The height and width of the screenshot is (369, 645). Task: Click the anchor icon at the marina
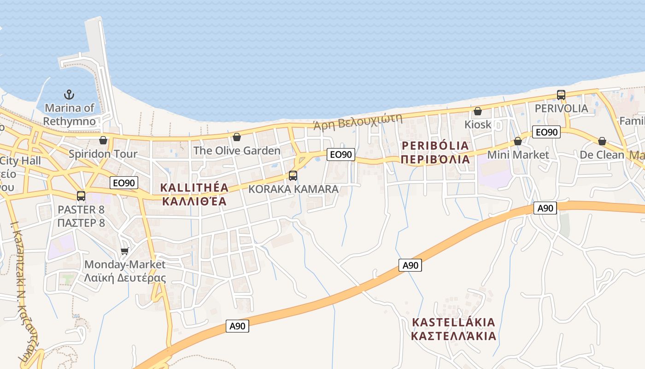pyautogui.click(x=69, y=95)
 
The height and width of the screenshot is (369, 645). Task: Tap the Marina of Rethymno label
pyautogui.click(x=70, y=115)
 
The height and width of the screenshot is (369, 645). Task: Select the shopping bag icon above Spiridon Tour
pyautogui.click(x=103, y=140)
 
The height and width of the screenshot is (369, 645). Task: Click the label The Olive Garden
pyautogui.click(x=237, y=150)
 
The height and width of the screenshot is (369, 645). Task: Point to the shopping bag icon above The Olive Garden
pyautogui.click(x=237, y=137)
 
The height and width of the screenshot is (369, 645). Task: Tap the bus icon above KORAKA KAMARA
pyautogui.click(x=293, y=176)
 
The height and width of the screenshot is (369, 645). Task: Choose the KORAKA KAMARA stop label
pyautogui.click(x=293, y=189)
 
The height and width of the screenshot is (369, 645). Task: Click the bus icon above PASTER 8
pyautogui.click(x=81, y=196)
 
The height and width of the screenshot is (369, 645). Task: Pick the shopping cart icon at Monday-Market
pyautogui.click(x=124, y=251)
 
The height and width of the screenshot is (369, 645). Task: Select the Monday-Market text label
pyautogui.click(x=125, y=265)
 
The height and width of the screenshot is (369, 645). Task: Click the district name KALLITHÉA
pyautogui.click(x=194, y=188)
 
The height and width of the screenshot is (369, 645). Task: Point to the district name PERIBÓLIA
pyautogui.click(x=435, y=146)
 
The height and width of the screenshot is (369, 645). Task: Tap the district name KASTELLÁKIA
pyautogui.click(x=454, y=322)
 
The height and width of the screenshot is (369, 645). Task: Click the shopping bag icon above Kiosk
pyautogui.click(x=478, y=111)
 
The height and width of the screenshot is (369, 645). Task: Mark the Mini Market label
pyautogui.click(x=518, y=155)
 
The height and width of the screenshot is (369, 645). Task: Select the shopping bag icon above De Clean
pyautogui.click(x=602, y=141)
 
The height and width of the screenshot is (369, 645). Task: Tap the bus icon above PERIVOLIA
pyautogui.click(x=561, y=95)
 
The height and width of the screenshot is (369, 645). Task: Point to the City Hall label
pyautogui.click(x=21, y=161)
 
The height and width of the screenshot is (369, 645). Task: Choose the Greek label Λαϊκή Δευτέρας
pyautogui.click(x=125, y=278)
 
